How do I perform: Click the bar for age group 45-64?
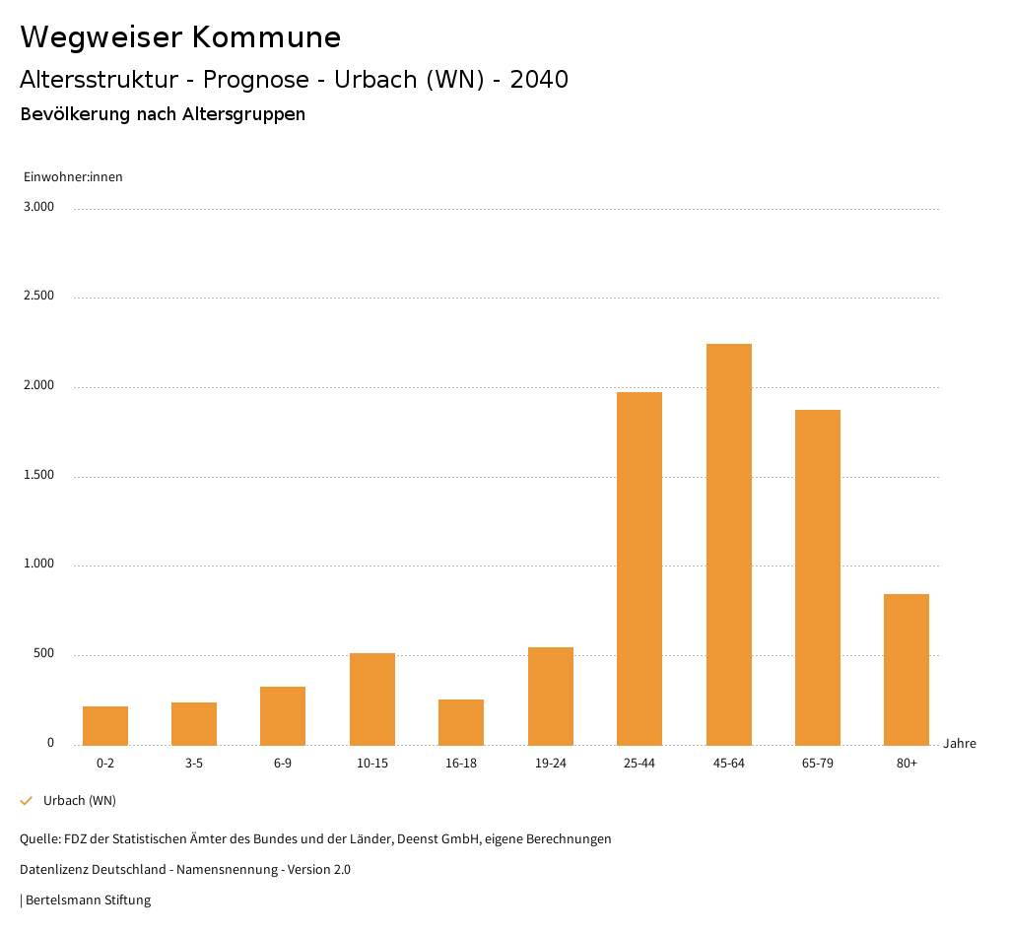(x=728, y=544)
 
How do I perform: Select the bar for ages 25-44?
(x=639, y=568)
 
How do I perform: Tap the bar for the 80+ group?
(x=907, y=669)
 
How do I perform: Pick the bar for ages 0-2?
(x=105, y=725)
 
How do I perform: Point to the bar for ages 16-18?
(x=461, y=722)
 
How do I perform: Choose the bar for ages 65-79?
(x=818, y=577)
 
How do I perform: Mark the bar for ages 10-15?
(x=372, y=699)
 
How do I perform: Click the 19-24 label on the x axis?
(x=551, y=764)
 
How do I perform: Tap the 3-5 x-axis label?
(x=194, y=764)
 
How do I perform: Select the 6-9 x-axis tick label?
(x=283, y=764)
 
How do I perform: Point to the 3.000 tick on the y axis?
(x=39, y=207)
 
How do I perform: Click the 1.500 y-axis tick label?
(x=39, y=475)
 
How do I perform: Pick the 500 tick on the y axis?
(x=44, y=654)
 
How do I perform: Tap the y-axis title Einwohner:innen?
(x=73, y=177)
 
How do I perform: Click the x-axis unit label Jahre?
(x=960, y=744)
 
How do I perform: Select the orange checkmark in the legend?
(x=27, y=801)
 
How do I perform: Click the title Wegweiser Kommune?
(x=180, y=37)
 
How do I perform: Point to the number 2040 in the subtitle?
(x=539, y=80)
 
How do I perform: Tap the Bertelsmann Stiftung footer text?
(x=88, y=900)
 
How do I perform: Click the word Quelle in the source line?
(x=38, y=839)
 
